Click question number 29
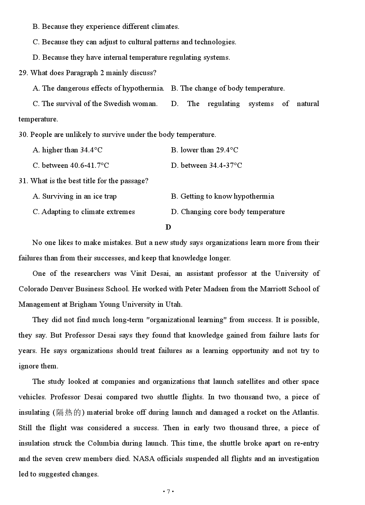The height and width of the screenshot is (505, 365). point(23,73)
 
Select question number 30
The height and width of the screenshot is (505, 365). point(23,135)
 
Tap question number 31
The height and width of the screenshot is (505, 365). point(23,181)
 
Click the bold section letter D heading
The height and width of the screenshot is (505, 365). point(168,227)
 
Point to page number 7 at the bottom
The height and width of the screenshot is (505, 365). point(168,492)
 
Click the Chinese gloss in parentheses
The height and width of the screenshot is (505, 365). point(69,412)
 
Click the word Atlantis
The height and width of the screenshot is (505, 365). point(305,412)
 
